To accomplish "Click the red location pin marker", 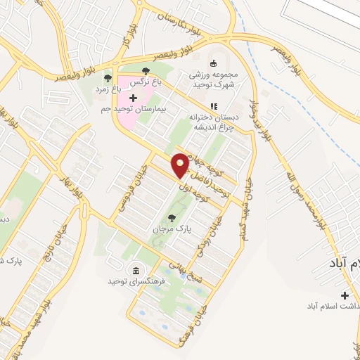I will tap(181, 165).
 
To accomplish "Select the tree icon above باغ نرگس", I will tap(146, 70).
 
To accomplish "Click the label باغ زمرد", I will tap(109, 89).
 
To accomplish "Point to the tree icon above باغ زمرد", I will tap(107, 79).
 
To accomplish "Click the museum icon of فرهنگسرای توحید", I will tap(135, 271).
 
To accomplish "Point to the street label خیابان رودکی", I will tap(203, 236).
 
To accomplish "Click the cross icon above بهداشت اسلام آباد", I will tap(345, 295).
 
